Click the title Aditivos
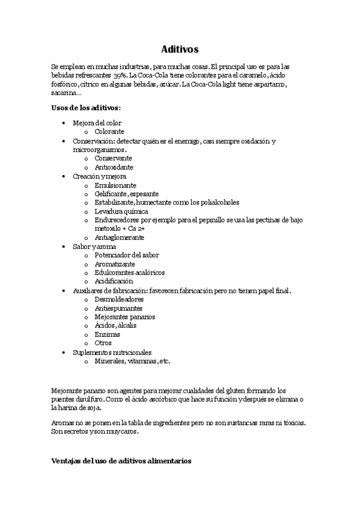(x=180, y=49)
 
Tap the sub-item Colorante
(x=109, y=131)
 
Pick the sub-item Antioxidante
(x=114, y=167)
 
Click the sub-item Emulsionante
(x=115, y=185)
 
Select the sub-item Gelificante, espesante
(x=126, y=194)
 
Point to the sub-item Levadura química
(x=121, y=212)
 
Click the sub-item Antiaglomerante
(x=119, y=238)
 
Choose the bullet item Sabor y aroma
(x=94, y=247)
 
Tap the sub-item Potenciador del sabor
(x=126, y=255)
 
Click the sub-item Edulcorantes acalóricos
(x=129, y=272)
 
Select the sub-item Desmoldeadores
(x=119, y=299)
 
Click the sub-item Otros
(x=103, y=343)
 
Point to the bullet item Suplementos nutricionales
(x=112, y=352)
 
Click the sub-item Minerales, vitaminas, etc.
(x=132, y=361)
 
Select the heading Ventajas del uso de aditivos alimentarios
(x=121, y=461)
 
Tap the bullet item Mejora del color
(x=97, y=123)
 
